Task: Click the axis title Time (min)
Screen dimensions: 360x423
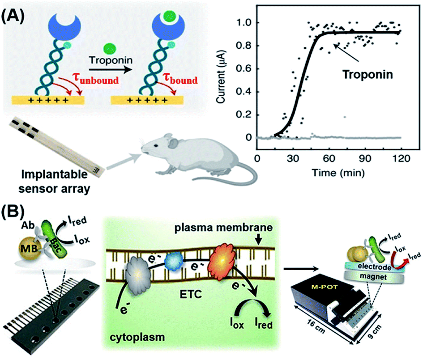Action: click(x=328, y=171)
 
